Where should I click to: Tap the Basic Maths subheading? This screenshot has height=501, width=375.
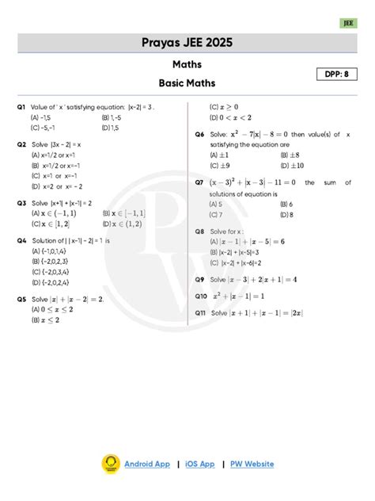pyautogui.click(x=187, y=82)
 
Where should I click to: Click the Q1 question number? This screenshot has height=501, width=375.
pyautogui.click(x=21, y=105)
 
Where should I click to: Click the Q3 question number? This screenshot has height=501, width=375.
pyautogui.click(x=21, y=203)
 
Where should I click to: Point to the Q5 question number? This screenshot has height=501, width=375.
pyautogui.click(x=21, y=300)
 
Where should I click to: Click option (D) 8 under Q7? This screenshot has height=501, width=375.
pyautogui.click(x=286, y=214)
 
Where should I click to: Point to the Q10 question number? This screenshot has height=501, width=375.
pyautogui.click(x=202, y=296)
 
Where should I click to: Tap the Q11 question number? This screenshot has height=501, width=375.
pyautogui.click(x=201, y=312)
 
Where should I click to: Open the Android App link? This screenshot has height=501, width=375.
pyautogui.click(x=146, y=464)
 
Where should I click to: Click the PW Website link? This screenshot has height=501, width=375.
pyautogui.click(x=252, y=464)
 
